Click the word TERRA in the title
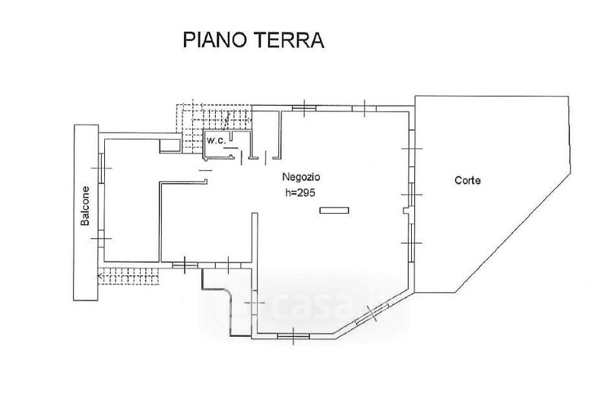[293, 40]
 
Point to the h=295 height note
[295, 193]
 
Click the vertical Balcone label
[87, 206]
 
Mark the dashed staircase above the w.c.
[214, 118]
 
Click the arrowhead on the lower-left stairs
[100, 275]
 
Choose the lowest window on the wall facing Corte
[412, 242]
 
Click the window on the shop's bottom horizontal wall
[288, 335]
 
